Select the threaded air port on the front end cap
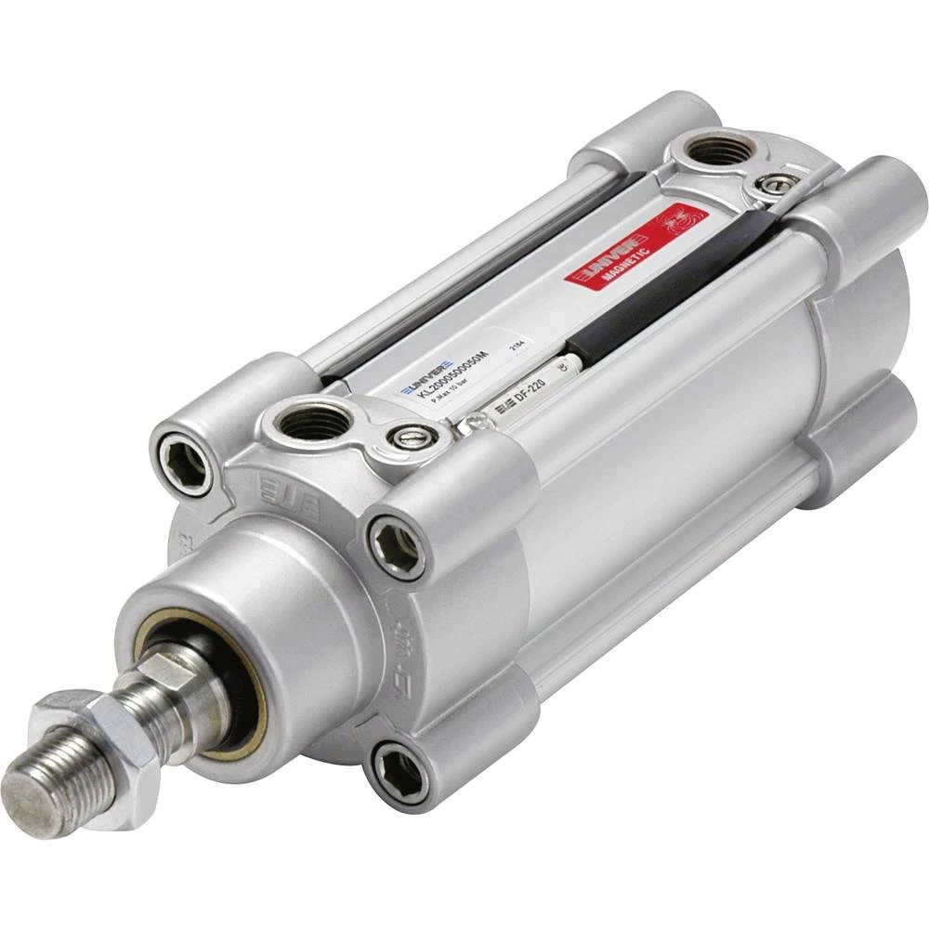tap(313, 421)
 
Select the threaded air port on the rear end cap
tap(717, 149)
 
